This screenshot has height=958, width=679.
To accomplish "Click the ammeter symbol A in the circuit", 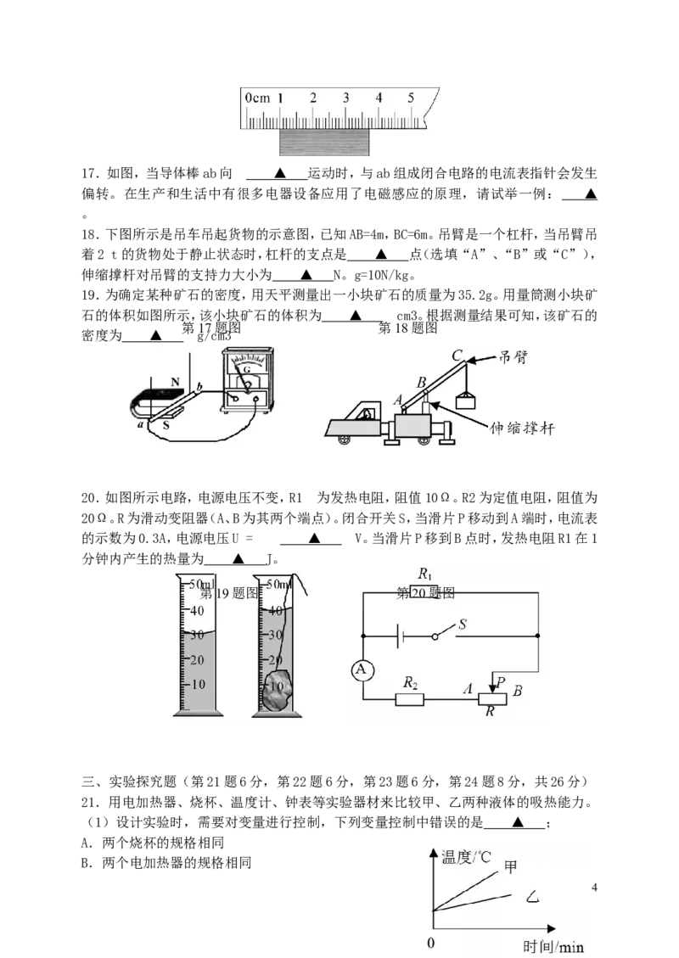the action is click(362, 670).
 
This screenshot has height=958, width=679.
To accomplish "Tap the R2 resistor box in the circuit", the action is click(409, 698).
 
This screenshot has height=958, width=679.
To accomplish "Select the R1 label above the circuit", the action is click(425, 574).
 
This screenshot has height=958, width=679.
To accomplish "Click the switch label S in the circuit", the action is click(463, 624).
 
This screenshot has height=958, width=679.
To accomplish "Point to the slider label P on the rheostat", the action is click(501, 682).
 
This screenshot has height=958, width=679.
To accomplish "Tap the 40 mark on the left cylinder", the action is click(197, 610).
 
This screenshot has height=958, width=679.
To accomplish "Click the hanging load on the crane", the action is click(466, 401).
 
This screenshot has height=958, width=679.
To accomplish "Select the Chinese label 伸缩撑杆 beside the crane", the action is click(522, 429).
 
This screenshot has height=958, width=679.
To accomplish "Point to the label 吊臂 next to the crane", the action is click(512, 357).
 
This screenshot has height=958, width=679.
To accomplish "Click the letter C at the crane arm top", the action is click(457, 356).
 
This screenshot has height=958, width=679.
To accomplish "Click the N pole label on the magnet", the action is click(176, 382).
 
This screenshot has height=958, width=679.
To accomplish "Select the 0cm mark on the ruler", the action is click(257, 98).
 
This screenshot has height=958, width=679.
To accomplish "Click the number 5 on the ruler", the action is click(411, 97).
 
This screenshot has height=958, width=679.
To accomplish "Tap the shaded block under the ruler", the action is click(324, 141).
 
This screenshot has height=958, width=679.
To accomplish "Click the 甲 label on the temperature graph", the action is click(510, 866).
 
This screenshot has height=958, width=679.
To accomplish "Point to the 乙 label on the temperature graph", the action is click(533, 898).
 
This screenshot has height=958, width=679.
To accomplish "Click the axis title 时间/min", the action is click(553, 946).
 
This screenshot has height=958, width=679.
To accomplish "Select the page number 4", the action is click(594, 888).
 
